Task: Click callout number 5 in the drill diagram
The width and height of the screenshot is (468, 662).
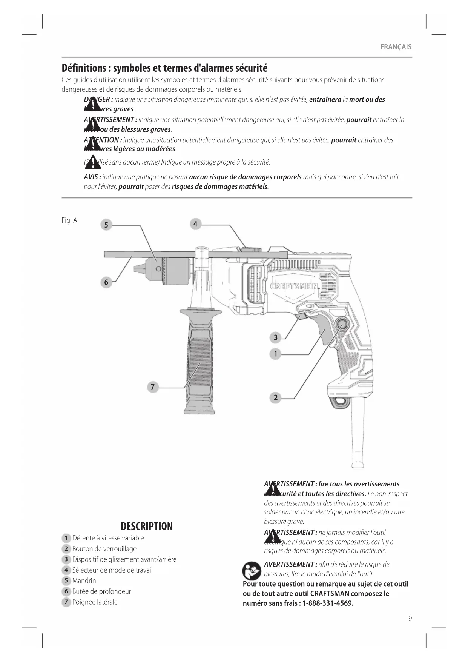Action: tap(106, 225)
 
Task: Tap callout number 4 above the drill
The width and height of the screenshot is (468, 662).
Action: tap(195, 224)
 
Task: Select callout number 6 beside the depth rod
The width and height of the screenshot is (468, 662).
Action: tap(106, 282)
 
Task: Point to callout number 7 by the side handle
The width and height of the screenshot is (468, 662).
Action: tap(153, 387)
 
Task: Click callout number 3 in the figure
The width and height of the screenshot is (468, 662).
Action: tap(276, 337)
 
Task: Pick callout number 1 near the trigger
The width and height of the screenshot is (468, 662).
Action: tap(276, 354)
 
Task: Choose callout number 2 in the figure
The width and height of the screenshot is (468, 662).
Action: tap(276, 397)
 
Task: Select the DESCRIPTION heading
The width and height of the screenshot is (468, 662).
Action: tap(147, 527)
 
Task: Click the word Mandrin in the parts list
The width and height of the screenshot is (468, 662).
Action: tap(84, 581)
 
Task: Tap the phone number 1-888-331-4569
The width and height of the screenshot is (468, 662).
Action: tap(327, 603)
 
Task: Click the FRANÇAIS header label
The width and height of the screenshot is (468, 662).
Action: tap(396, 47)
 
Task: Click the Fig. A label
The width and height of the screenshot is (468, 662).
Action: tap(69, 220)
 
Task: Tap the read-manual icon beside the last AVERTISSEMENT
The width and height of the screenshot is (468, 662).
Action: tap(252, 571)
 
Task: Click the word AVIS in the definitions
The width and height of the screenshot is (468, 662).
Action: tap(92, 177)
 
